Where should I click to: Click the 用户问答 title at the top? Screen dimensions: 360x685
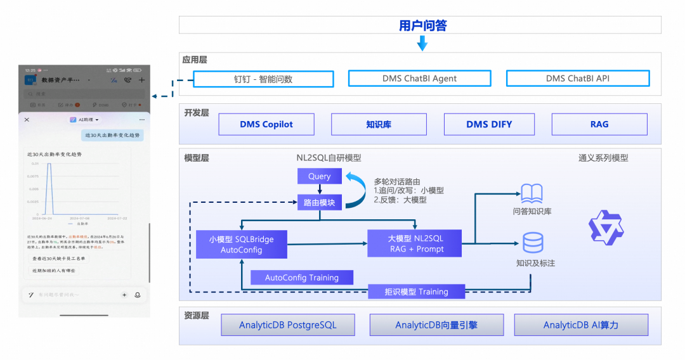(x=422, y=25)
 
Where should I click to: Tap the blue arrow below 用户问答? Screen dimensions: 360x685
(x=422, y=43)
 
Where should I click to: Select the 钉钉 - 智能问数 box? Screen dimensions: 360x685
(x=263, y=79)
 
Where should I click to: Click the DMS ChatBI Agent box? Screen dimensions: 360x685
(x=419, y=79)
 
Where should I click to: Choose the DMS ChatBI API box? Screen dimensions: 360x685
(x=577, y=79)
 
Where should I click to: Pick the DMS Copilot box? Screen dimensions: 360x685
(x=266, y=124)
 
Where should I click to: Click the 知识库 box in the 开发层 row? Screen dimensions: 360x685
(x=379, y=124)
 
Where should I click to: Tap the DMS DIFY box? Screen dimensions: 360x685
(x=489, y=124)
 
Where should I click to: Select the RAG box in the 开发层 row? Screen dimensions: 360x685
(x=599, y=124)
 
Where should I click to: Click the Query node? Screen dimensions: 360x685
(x=320, y=176)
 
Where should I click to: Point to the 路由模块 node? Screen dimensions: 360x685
(x=320, y=203)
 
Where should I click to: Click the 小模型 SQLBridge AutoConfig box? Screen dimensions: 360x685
(x=241, y=244)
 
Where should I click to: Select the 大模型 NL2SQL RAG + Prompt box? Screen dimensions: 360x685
(x=415, y=244)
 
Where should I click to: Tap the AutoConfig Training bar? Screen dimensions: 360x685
(x=302, y=278)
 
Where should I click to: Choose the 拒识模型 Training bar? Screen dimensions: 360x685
(x=416, y=292)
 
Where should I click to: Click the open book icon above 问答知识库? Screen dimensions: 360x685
(x=532, y=193)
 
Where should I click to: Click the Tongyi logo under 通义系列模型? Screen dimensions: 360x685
(x=606, y=227)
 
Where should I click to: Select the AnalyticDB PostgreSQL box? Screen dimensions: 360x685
(x=288, y=325)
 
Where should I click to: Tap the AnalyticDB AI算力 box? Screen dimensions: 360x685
(x=581, y=325)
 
